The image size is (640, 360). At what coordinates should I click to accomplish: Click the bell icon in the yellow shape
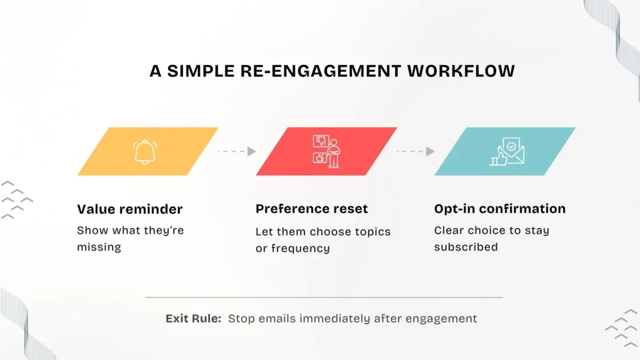[146, 152]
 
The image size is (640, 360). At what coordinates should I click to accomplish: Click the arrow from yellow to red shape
[237, 151]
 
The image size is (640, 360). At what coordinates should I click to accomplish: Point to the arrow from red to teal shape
[416, 151]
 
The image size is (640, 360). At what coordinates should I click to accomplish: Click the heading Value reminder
[130, 209]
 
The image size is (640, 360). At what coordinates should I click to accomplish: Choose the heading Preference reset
[312, 209]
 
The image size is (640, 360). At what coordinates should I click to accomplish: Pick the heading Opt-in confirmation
[499, 209]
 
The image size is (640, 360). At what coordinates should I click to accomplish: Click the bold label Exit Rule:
[193, 319]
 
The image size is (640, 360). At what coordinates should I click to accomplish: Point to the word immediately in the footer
[332, 319]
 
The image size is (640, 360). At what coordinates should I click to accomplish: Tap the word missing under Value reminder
[99, 247]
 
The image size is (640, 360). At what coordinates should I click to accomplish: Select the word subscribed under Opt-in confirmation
[466, 247]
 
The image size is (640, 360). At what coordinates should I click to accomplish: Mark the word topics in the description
[372, 232]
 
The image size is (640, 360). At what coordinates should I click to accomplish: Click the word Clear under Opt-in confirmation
[449, 231]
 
